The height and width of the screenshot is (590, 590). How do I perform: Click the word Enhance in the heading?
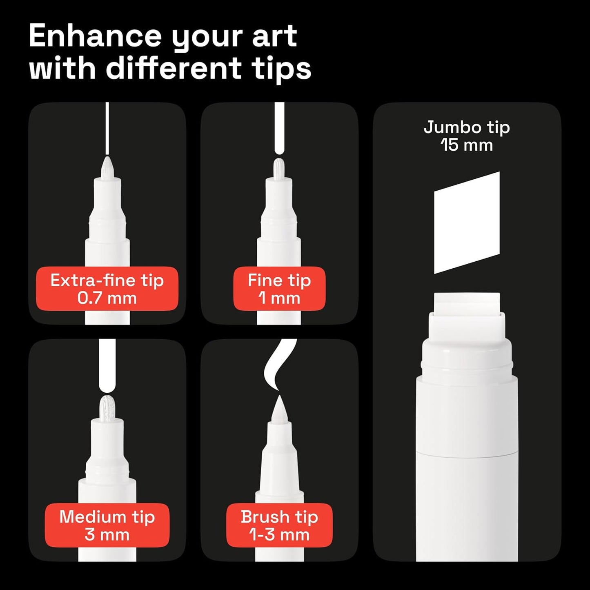point(95,37)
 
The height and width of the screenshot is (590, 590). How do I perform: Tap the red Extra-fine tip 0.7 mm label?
point(107,289)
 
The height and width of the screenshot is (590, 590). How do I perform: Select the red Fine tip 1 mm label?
point(279,289)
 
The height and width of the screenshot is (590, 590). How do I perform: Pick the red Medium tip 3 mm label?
point(107,525)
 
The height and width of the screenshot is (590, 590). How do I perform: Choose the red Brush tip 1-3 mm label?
point(279,525)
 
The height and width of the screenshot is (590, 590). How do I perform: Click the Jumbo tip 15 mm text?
point(467,136)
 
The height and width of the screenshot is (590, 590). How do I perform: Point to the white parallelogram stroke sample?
point(467,223)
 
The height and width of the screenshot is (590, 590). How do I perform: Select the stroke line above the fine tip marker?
point(279,127)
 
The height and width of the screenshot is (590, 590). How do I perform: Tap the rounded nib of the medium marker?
point(107,407)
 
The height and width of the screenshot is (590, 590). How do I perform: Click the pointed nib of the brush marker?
point(279,410)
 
